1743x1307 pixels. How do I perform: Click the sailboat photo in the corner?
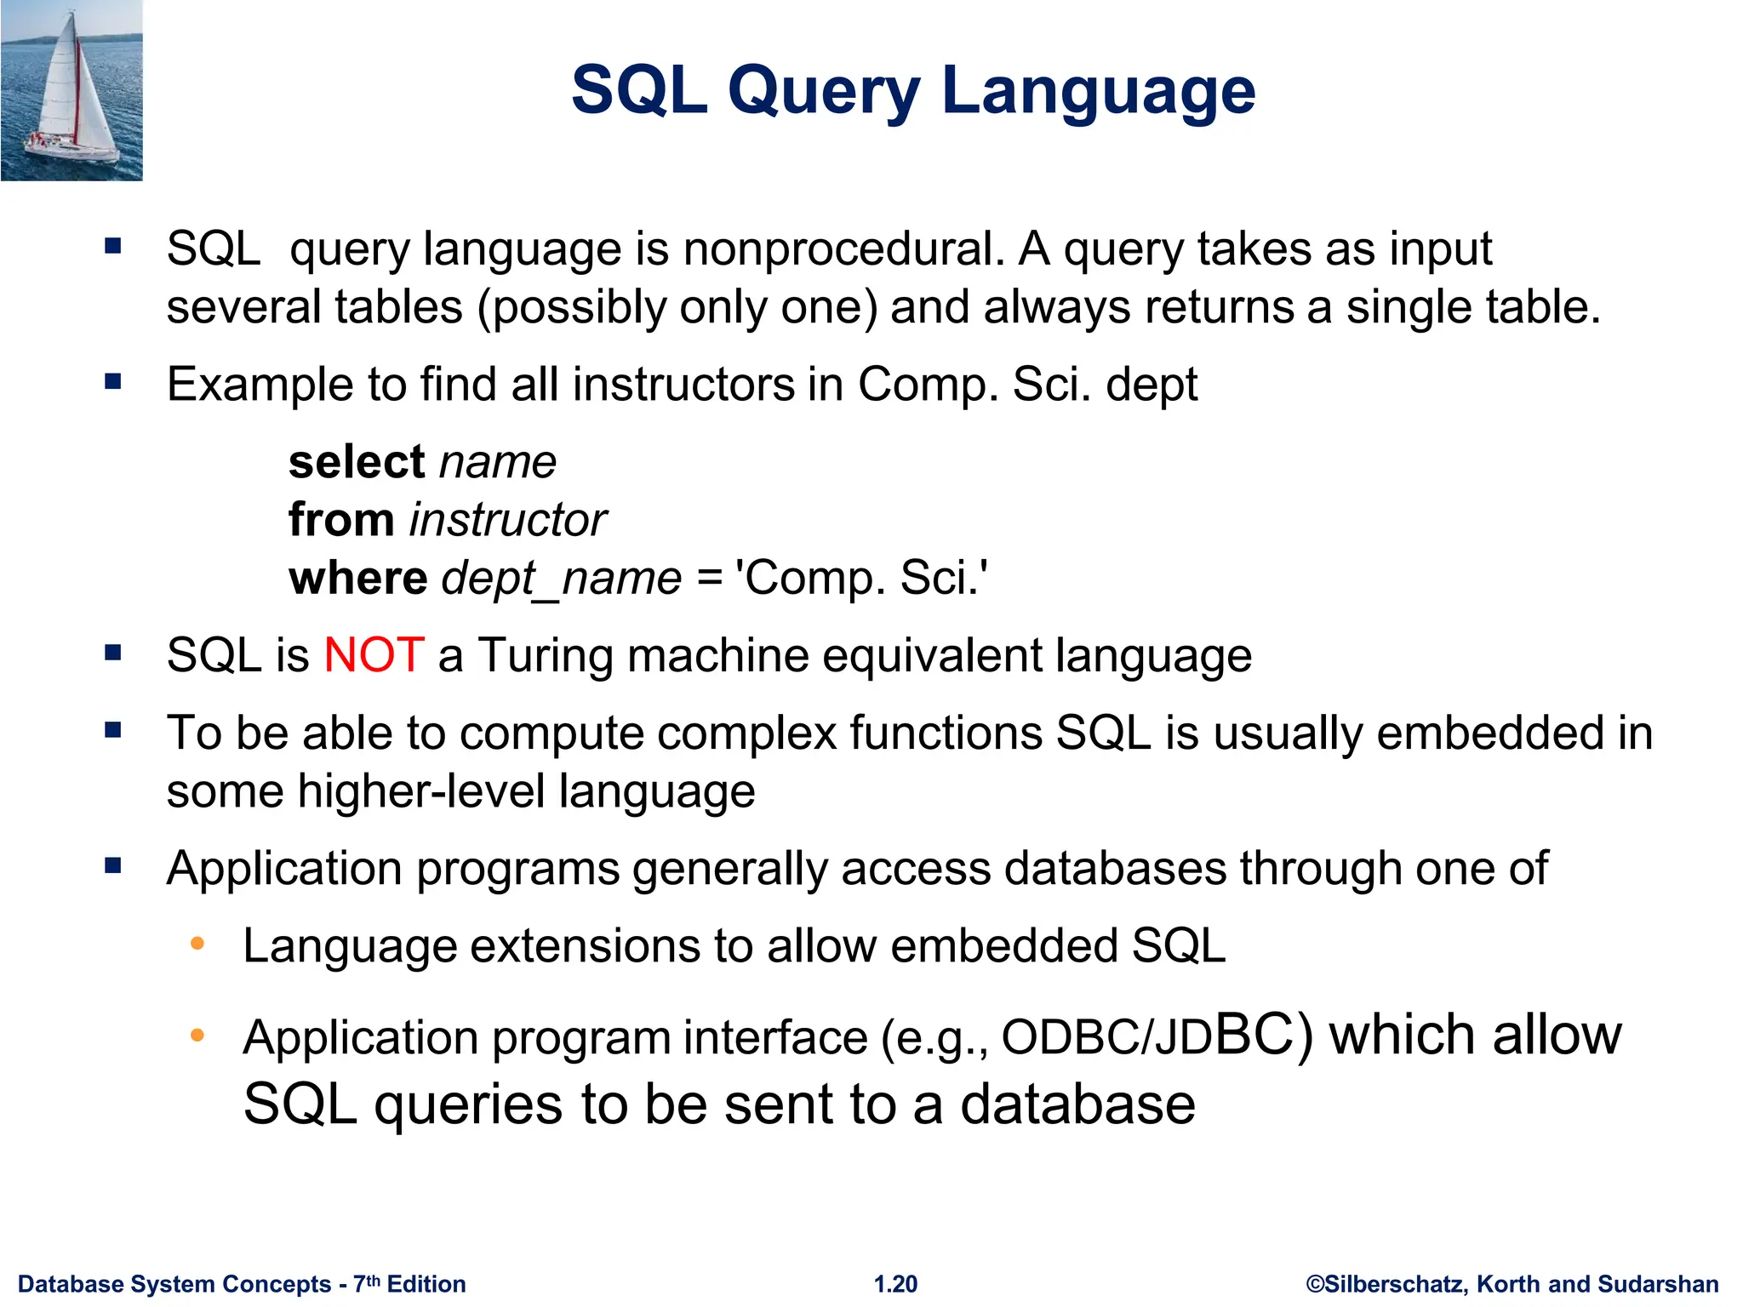71,90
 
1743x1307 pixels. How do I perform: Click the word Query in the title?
824,92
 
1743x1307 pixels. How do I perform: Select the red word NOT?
374,655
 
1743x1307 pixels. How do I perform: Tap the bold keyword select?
357,462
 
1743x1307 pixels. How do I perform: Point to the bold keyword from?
341,520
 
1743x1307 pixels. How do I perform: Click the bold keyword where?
358,578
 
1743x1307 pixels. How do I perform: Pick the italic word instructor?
508,520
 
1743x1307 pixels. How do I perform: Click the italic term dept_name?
562,579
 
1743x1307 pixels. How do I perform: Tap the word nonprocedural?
843,249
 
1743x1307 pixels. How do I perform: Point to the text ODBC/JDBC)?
1157,1036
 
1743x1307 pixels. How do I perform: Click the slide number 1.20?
895,1284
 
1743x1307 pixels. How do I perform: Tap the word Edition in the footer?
426,1284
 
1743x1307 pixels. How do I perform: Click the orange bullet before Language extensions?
197,944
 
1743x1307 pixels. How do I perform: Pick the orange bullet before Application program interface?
197,1036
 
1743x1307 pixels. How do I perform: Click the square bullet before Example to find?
112,382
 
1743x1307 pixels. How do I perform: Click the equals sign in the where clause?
709,579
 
